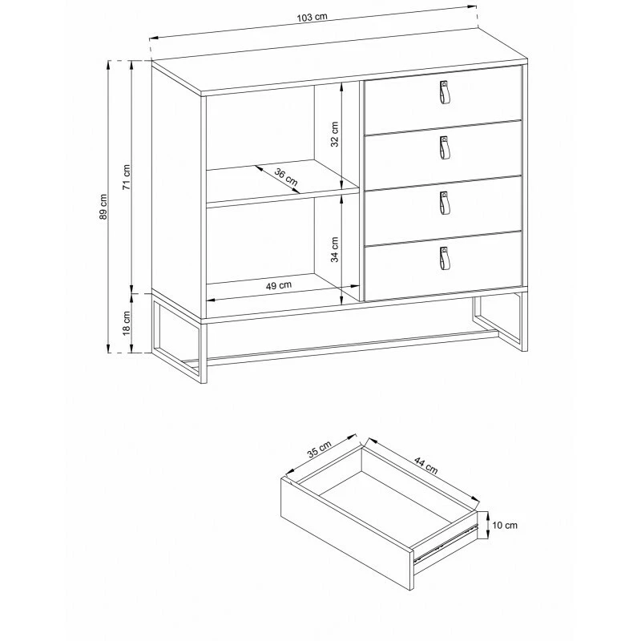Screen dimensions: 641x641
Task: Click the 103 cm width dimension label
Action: tap(312, 17)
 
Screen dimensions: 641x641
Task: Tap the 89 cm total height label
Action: tap(103, 207)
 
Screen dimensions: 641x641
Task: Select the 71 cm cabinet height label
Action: tap(127, 177)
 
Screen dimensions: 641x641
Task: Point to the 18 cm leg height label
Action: tap(127, 323)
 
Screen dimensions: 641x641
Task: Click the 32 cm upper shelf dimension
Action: tap(335, 134)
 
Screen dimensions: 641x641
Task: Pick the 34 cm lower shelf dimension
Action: tap(335, 249)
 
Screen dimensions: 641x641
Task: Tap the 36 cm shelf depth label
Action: tap(286, 176)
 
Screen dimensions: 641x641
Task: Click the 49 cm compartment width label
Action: tap(279, 285)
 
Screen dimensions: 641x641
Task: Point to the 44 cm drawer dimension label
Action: tap(426, 466)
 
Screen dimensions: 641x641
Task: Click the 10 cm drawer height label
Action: tap(505, 526)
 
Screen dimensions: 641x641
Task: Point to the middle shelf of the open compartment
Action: tap(282, 181)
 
